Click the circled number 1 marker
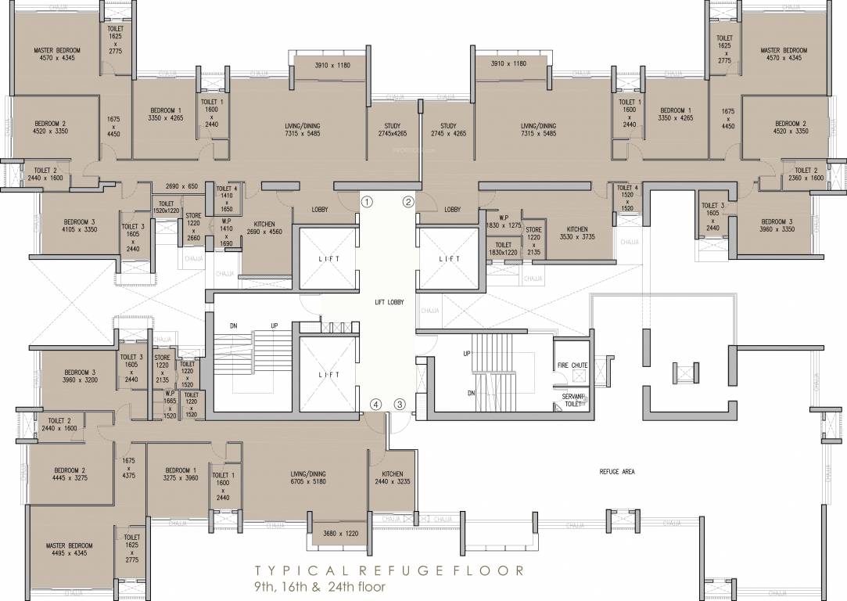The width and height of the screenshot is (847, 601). pos(365,202)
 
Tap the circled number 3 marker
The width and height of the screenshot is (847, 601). pos(400,405)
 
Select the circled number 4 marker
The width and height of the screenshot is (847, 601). pos(376,405)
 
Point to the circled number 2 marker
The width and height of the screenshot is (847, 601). pos(407,202)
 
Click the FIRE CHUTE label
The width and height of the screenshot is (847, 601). pos(572,365)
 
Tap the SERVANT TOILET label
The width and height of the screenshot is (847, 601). pos(573,401)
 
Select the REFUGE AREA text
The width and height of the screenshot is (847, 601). pos(617,471)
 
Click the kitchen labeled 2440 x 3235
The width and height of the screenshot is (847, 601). pos(393,479)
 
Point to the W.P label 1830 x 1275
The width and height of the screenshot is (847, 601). pos(503,221)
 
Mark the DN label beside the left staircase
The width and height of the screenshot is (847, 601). pos(233,325)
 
